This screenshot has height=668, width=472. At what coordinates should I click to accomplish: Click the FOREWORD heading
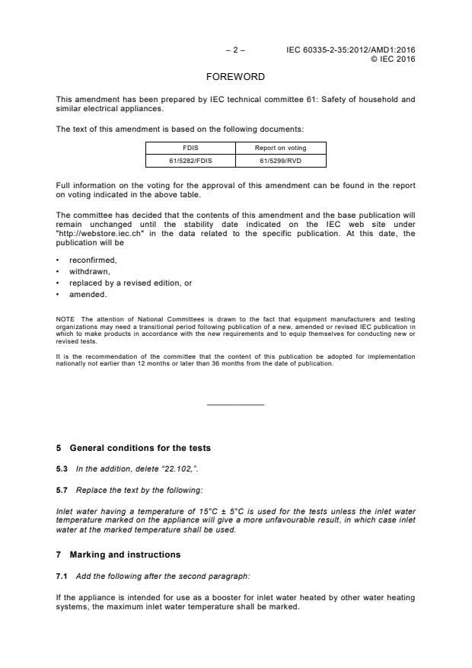(x=235, y=77)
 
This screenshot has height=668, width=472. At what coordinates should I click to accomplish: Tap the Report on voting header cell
(x=280, y=148)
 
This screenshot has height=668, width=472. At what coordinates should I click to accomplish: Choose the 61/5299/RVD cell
(x=280, y=160)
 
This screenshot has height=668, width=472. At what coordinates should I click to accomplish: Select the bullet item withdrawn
(x=89, y=271)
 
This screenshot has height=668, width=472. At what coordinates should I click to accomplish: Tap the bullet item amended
(x=88, y=294)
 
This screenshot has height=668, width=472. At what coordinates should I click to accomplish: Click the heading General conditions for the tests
(x=140, y=447)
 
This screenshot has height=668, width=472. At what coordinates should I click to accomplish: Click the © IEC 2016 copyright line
(x=393, y=59)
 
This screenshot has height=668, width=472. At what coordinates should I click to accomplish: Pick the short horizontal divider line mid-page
(x=235, y=404)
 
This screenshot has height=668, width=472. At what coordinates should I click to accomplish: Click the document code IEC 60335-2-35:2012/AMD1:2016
(x=351, y=50)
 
